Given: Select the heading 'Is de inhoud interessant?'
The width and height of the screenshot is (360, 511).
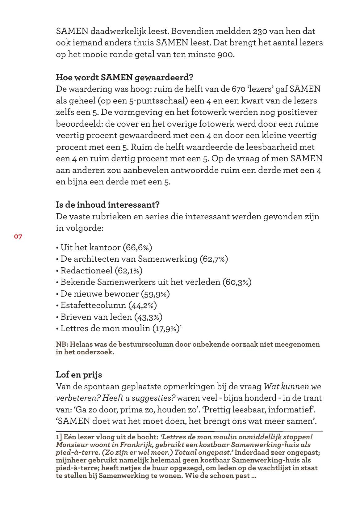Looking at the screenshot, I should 107,205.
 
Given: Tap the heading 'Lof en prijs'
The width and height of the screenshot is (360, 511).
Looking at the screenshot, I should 79,374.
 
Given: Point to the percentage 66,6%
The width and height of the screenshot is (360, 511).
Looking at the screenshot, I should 137,247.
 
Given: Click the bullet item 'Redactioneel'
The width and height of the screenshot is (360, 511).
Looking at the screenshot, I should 86,271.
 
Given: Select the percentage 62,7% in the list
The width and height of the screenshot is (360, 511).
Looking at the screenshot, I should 214,259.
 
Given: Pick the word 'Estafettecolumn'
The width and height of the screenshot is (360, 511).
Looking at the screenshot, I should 93,305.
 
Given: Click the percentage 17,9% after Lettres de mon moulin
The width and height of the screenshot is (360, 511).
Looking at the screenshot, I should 166,328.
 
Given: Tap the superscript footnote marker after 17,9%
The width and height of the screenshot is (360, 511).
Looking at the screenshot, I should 181,326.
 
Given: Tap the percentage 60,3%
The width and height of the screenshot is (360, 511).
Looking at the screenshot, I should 237,282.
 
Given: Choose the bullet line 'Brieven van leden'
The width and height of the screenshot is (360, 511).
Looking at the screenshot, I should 96,317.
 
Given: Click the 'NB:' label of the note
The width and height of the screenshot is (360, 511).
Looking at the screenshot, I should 62,344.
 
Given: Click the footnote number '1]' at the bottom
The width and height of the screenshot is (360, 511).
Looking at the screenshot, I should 59,437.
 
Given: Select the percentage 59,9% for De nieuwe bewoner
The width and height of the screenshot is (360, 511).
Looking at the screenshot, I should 155,294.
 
